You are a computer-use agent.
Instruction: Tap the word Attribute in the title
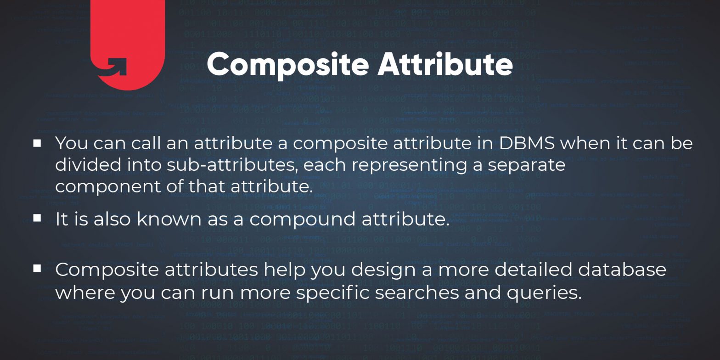coord(445,64)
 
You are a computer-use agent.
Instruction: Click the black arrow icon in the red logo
coord(113,67)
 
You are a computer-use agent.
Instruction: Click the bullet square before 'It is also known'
coord(37,218)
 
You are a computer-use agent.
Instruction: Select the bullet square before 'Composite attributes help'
coord(37,268)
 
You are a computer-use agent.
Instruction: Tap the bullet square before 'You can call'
coord(37,143)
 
